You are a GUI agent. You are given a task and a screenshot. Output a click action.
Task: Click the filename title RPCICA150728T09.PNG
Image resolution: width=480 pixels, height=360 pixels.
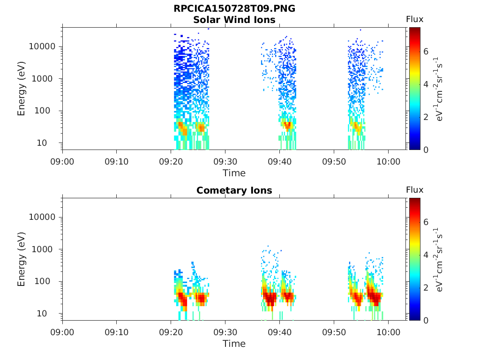pos(234,8)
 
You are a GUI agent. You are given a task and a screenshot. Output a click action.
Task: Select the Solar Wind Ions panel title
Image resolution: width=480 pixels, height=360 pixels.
pos(234,20)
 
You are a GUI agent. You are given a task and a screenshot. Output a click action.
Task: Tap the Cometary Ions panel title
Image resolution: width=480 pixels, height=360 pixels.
pos(234,190)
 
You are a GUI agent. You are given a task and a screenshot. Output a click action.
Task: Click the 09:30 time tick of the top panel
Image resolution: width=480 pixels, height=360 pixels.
pos(225,162)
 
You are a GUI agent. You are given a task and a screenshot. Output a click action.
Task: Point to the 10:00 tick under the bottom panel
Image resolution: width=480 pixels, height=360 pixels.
pos(388,332)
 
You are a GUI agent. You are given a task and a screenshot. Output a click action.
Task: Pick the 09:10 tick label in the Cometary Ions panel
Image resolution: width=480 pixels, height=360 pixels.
pos(117,332)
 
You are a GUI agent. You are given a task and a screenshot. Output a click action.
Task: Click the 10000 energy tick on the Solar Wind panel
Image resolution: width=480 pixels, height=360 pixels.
pos(42,46)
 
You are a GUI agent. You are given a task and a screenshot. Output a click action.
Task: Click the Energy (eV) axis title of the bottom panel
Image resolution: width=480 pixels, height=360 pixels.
pos(21,259)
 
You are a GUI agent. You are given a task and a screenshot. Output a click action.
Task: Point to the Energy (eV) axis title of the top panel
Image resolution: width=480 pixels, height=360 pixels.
pos(21,89)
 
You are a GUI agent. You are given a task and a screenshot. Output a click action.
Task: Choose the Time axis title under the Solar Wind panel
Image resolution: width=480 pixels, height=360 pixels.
pos(234,173)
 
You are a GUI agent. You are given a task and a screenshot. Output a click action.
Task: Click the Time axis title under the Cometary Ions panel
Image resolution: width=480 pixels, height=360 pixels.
pos(234,344)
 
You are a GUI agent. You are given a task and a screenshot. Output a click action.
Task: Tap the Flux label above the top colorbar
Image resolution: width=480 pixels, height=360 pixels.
pos(415,19)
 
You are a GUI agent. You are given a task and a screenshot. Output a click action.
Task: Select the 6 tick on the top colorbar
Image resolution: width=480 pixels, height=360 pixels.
pos(426,52)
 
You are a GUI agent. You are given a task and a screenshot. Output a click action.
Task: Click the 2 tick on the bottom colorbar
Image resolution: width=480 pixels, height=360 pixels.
pos(426,287)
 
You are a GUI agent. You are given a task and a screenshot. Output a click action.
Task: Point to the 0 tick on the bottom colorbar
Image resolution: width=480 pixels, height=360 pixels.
pos(426,321)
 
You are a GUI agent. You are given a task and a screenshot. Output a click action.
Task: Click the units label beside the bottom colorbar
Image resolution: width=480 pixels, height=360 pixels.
pos(439,259)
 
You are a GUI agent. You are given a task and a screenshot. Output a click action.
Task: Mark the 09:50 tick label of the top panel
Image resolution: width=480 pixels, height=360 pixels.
pos(334,162)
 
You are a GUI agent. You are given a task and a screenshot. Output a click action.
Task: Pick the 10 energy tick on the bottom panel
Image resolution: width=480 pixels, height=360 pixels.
pos(42,314)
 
